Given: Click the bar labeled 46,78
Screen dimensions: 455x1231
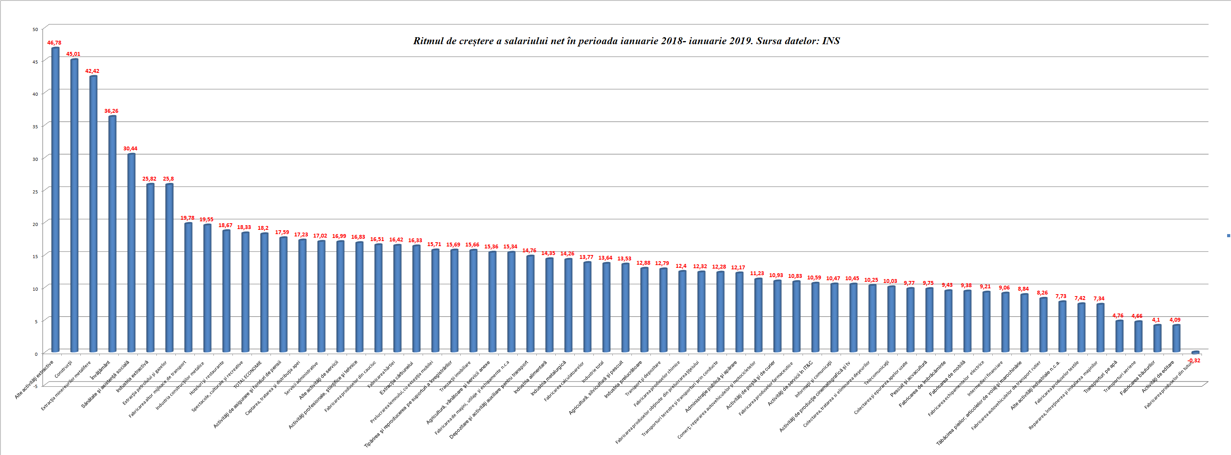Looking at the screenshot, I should click(55, 200).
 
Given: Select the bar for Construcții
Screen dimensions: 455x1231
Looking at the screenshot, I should click(74, 205).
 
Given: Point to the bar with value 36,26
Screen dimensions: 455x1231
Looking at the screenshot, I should click(112, 234).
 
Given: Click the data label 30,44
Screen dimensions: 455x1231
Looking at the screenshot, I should click(130, 148).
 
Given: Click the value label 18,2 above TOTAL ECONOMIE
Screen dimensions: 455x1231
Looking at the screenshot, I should click(263, 228).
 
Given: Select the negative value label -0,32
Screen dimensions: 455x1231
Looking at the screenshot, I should click(1193, 360).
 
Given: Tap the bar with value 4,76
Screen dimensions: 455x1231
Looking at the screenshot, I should click(1119, 336).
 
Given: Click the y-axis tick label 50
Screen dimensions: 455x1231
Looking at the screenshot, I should click(35, 29).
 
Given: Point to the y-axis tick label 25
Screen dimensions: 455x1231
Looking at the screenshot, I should click(35, 191).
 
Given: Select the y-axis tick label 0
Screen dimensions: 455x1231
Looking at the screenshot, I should click(36, 354).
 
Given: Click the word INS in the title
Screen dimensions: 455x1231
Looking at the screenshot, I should click(830, 41).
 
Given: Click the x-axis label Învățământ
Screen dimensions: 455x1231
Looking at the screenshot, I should click(101, 371).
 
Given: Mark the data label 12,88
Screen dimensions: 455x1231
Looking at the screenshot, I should click(643, 263).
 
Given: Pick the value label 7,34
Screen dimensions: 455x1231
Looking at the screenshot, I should click(1099, 299).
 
